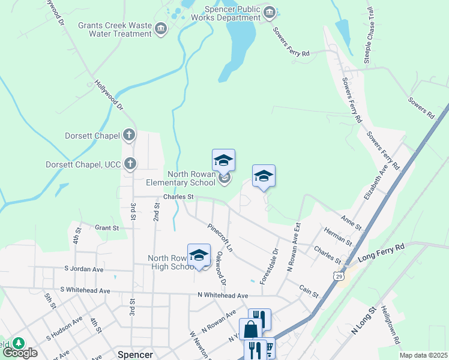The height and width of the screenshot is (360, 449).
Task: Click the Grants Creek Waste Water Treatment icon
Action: (x=160, y=28)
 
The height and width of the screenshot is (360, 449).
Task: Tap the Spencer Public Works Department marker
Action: (x=270, y=13)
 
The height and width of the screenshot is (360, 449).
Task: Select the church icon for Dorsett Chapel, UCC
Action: (x=129, y=164)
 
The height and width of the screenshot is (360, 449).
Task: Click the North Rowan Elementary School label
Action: (x=182, y=178)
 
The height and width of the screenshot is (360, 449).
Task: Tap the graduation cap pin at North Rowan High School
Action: (x=199, y=256)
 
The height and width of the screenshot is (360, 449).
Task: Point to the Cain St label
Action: (x=309, y=291)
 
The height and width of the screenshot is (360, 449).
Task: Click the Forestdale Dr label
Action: (x=269, y=266)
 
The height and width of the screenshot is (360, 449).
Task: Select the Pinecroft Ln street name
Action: (x=220, y=238)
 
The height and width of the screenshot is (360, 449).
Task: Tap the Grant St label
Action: (x=107, y=227)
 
